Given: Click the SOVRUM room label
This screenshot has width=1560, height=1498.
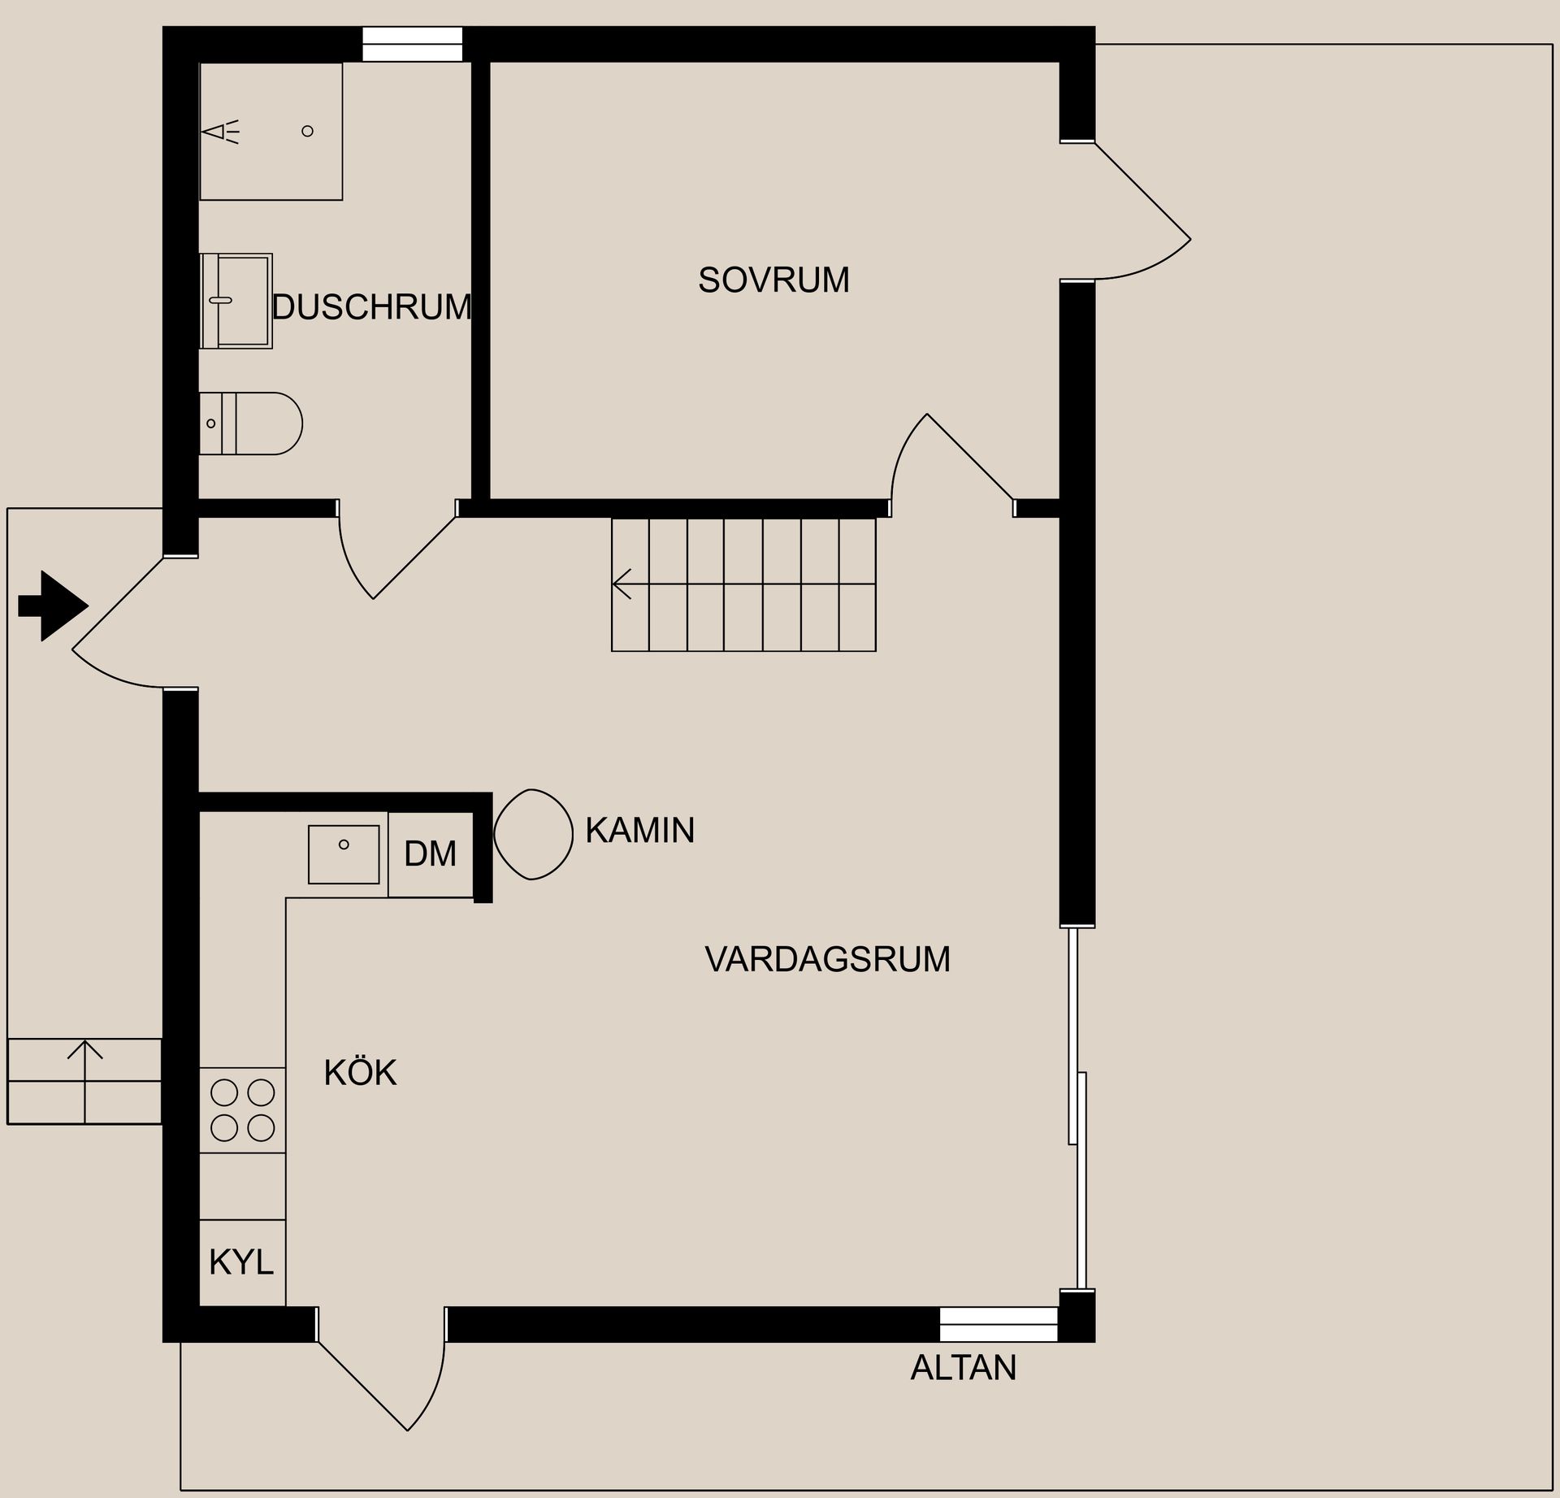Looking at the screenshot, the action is pyautogui.click(x=773, y=280).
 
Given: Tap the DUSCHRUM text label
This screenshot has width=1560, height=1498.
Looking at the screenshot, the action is pyautogui.click(x=372, y=307).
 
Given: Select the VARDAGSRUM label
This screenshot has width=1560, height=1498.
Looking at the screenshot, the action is pyautogui.click(x=827, y=959).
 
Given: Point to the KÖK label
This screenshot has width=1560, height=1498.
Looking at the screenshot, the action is pyautogui.click(x=360, y=1073).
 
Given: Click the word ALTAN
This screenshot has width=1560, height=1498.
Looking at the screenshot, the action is pyautogui.click(x=963, y=1368).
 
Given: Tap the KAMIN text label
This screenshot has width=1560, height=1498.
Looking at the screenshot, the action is pyautogui.click(x=639, y=831).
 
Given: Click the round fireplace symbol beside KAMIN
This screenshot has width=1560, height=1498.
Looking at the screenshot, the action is pyautogui.click(x=534, y=834).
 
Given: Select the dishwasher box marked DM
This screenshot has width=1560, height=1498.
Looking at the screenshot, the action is pyautogui.click(x=431, y=854).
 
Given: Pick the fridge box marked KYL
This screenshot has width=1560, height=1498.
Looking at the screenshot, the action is pyautogui.click(x=242, y=1262).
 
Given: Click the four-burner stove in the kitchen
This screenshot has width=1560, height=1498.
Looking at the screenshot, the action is pyautogui.click(x=243, y=1110).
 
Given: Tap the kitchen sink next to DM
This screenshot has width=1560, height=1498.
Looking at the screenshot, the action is pyautogui.click(x=344, y=854).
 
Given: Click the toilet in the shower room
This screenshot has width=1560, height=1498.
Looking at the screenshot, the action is pyautogui.click(x=251, y=423).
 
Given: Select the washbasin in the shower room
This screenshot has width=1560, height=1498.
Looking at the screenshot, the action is pyautogui.click(x=236, y=301).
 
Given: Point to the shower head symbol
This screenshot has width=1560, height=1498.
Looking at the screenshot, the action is pyautogui.click(x=221, y=132).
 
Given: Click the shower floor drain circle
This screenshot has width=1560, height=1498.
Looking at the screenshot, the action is pyautogui.click(x=307, y=131).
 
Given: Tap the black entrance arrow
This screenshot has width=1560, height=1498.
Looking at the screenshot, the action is pyautogui.click(x=53, y=606).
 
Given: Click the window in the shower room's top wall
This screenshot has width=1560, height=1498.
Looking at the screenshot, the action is pyautogui.click(x=412, y=44).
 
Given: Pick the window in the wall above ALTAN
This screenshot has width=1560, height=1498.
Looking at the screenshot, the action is pyautogui.click(x=999, y=1324).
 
